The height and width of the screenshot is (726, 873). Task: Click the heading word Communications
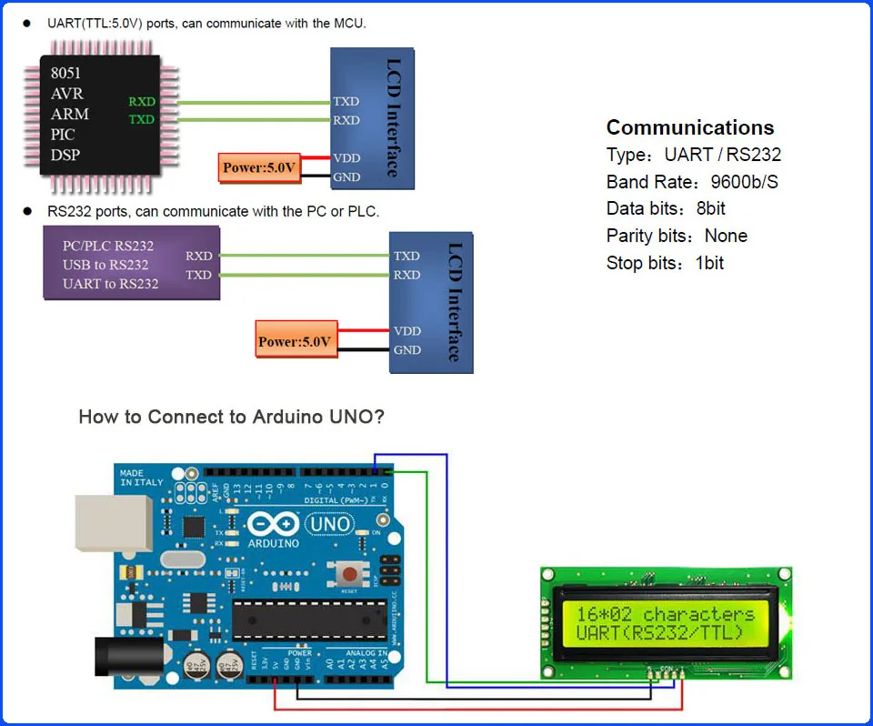tap(690, 127)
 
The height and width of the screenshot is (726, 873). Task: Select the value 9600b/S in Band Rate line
tap(744, 182)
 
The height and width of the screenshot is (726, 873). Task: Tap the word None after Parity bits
tap(726, 237)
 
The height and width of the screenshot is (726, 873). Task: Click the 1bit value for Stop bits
tap(709, 264)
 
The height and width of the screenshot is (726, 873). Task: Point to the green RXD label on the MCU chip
tap(141, 102)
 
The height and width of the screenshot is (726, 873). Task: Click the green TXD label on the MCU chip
tap(141, 120)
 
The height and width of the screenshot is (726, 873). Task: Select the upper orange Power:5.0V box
tap(260, 167)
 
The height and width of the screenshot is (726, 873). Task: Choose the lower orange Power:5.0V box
tap(296, 342)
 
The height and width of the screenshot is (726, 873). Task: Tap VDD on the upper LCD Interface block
tap(346, 158)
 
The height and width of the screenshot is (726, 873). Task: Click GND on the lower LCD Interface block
tap(406, 350)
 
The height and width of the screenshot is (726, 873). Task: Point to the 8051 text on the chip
tap(65, 74)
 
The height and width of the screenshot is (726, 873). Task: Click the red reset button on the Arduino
tap(347, 572)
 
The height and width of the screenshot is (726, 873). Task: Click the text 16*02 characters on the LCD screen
tap(666, 614)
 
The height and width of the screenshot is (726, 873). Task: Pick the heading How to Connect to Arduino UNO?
tap(231, 418)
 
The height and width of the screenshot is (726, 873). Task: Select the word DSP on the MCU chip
tap(65, 155)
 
